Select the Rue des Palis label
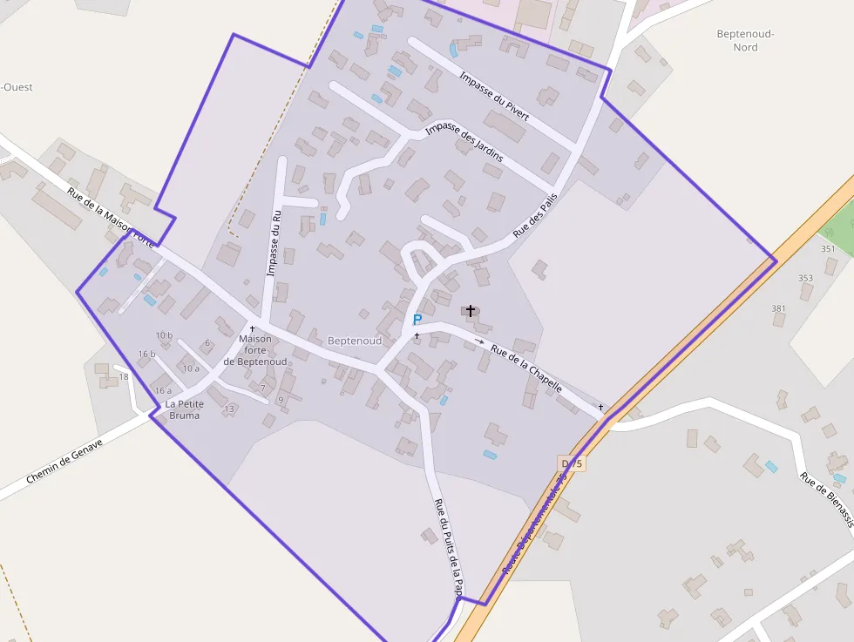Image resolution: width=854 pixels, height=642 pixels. point(534,215)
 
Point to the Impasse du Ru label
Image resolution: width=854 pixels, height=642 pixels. point(273,243)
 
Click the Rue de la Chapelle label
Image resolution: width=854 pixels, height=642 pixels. point(526,368)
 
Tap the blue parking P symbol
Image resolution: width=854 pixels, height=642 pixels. point(417,320)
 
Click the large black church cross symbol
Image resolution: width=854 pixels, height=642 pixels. point(471,310)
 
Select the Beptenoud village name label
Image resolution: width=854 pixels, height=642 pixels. point(355,341)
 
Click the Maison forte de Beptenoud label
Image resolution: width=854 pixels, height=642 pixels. point(254,350)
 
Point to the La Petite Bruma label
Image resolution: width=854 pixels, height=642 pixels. point(185,409)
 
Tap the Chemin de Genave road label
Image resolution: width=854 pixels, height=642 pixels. point(64,462)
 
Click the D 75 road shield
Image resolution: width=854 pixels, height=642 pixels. point(572,463)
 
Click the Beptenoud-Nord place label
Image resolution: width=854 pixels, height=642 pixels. point(745,40)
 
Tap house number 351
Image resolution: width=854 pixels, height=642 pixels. point(828,249)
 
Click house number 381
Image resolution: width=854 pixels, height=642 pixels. point(778,308)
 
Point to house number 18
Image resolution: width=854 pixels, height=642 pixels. point(124,376)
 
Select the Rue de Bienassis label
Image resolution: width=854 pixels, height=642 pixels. point(825,499)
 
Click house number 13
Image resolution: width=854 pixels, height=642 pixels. point(229,409)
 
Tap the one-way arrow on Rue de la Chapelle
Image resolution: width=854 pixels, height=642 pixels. point(479,341)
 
